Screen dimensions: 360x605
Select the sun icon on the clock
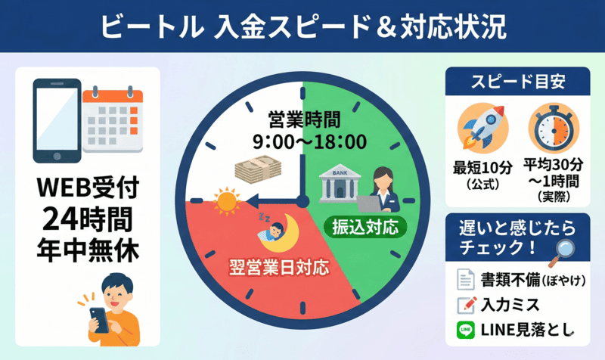[x=225, y=203]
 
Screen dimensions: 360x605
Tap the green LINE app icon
[x=465, y=331]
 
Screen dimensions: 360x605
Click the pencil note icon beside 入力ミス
[x=465, y=306]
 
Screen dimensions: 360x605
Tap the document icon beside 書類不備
[x=465, y=280]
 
